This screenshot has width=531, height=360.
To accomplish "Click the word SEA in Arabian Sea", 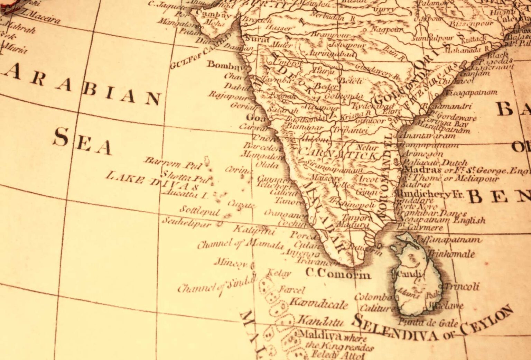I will coord(82,141).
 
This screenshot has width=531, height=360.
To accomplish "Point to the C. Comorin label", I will coord(338,274).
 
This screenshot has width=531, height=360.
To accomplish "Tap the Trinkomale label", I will coord(451,254).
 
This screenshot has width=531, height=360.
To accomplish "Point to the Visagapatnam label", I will coord(471,93).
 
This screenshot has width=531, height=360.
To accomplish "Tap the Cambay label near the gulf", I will coord(213,15).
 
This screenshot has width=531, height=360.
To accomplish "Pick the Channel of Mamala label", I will coord(240,244).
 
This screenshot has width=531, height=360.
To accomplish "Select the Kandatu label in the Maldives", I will coord(320,321).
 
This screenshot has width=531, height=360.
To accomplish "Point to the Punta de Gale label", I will coord(428,323).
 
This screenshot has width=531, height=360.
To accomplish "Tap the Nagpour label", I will coord(387,30).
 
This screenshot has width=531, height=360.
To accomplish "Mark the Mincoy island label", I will coord(231,263).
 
